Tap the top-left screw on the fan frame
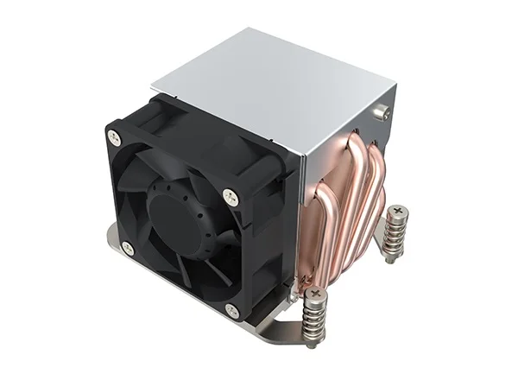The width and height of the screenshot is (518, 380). pyautogui.click(x=113, y=135)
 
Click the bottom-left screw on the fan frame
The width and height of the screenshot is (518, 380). pyautogui.click(x=128, y=248)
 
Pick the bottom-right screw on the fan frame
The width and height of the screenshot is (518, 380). pyautogui.click(x=231, y=308)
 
